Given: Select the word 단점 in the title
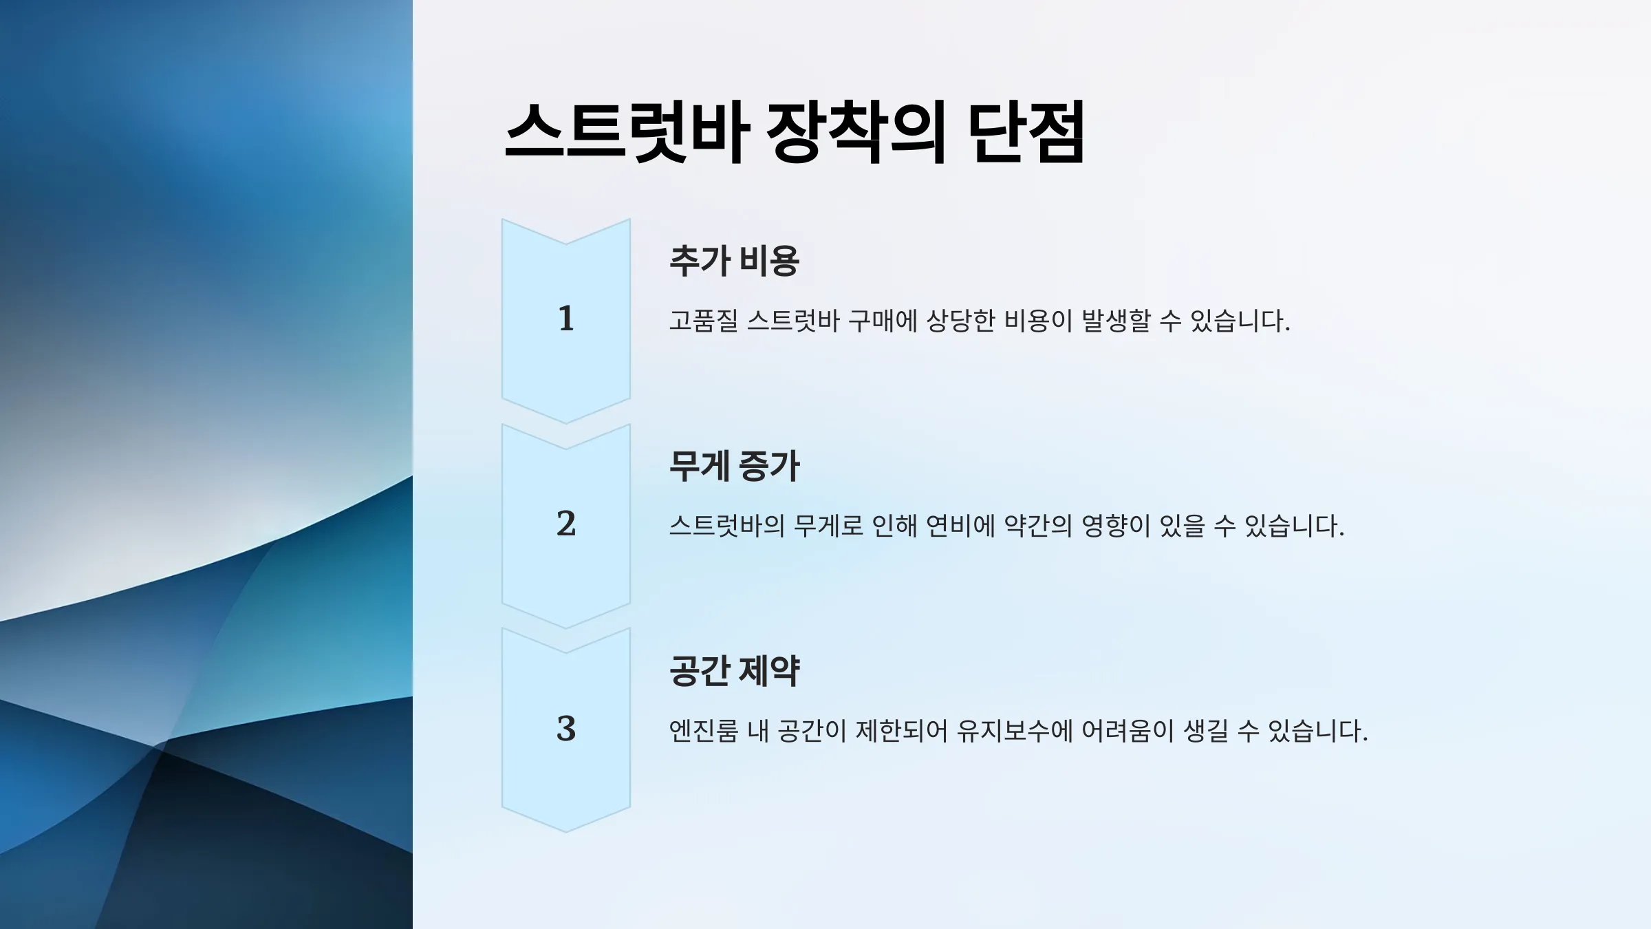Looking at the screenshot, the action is (1026, 132).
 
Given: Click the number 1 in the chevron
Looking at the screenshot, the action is (566, 319).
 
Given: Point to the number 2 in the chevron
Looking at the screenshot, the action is (566, 524).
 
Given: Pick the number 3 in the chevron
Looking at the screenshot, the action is (566, 729).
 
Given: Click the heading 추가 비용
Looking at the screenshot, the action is (734, 261).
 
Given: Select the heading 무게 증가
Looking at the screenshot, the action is (734, 466).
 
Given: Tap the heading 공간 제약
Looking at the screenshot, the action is (734, 671).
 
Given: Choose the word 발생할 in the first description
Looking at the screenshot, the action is (1116, 321).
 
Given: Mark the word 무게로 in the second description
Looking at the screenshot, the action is (828, 526).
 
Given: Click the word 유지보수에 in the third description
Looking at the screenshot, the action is (1015, 731).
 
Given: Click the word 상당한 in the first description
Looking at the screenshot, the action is (960, 321).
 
